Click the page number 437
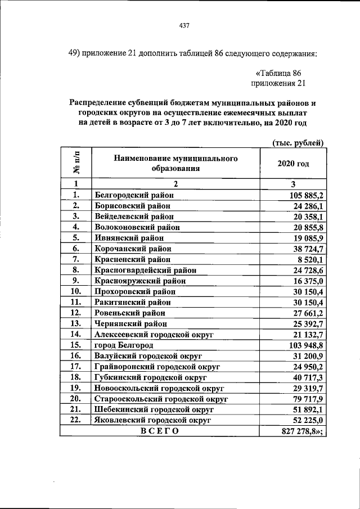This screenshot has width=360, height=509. [183, 25]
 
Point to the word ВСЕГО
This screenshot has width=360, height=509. [159, 431]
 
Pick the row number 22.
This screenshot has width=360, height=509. [75, 420]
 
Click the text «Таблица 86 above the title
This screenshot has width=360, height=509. [280, 73]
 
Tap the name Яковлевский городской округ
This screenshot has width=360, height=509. [153, 420]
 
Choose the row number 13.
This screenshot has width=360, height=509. [75, 323]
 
